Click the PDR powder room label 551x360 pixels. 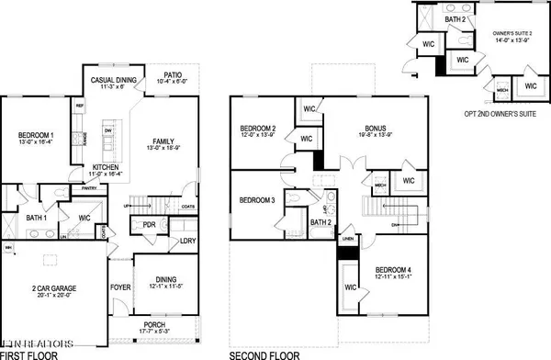click(149, 224)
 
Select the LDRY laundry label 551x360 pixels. click(188, 241)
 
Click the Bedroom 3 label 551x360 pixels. click(256, 200)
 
